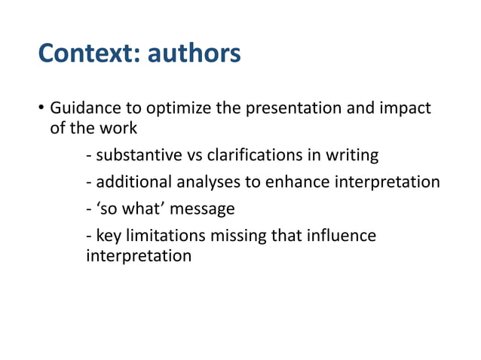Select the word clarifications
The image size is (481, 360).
pos(259,156)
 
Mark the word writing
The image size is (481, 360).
pos(354,156)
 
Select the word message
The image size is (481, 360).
pos(204,207)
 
